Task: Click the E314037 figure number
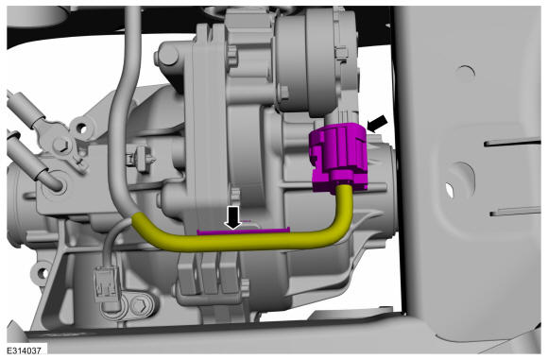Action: pyautogui.click(x=25, y=351)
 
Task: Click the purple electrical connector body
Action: pyautogui.click(x=338, y=156)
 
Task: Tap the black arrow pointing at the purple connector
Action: pyautogui.click(x=377, y=124)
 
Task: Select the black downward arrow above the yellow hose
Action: pyautogui.click(x=233, y=217)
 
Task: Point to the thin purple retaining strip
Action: pyautogui.click(x=243, y=231)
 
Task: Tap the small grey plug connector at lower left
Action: pyautogui.click(x=106, y=283)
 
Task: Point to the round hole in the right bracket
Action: pyautogui.click(x=465, y=74)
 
